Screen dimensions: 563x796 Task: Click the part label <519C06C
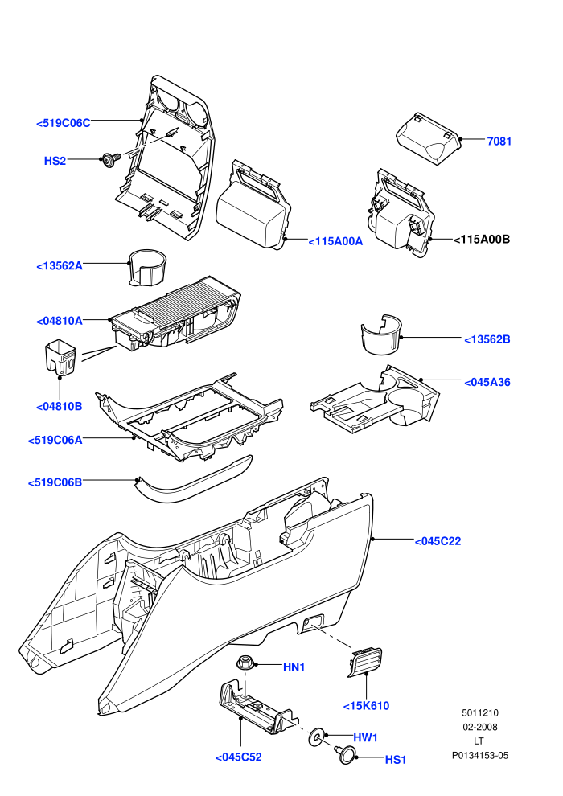tap(64, 123)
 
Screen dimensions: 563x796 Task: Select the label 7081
tap(499, 142)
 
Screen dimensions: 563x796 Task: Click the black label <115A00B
tap(481, 239)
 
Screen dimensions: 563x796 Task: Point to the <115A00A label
tap(335, 242)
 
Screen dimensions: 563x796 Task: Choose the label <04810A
tap(60, 321)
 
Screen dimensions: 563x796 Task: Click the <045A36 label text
tap(487, 382)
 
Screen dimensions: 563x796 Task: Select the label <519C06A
tap(55, 440)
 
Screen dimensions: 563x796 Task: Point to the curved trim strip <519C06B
tap(193, 481)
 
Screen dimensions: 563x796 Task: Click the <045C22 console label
tap(438, 541)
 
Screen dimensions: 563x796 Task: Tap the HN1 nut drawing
tap(245, 663)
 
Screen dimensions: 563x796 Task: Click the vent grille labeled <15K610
tap(365, 662)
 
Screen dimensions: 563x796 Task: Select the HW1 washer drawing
tap(317, 737)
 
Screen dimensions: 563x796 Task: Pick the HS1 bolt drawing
tap(346, 753)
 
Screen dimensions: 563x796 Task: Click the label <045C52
tap(239, 757)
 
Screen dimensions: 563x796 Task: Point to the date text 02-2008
tap(480, 727)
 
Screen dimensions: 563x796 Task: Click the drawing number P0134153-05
tap(480, 755)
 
